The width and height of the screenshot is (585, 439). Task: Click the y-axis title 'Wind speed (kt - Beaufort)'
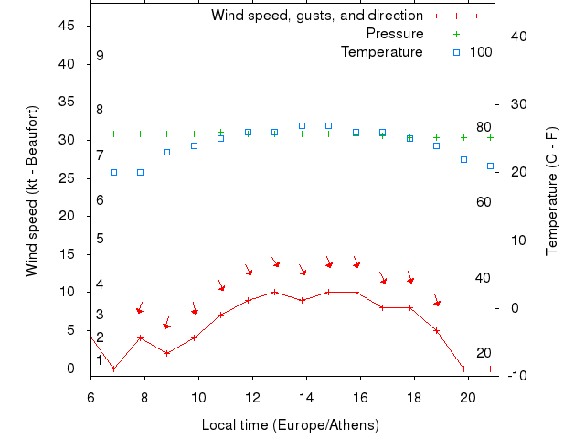(x=32, y=191)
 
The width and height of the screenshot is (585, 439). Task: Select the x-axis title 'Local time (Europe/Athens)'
(x=290, y=425)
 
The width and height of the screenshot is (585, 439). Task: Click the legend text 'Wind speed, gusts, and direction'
(x=316, y=16)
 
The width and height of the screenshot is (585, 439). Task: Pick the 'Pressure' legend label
(x=394, y=34)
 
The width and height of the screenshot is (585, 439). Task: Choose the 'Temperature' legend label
(x=381, y=52)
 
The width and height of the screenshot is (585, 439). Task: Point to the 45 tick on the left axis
(x=66, y=26)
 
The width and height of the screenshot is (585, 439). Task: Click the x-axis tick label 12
(x=252, y=396)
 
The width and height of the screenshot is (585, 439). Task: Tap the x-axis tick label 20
(x=468, y=396)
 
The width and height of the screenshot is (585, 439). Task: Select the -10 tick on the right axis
(x=511, y=376)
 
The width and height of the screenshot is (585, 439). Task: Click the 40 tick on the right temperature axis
(x=515, y=37)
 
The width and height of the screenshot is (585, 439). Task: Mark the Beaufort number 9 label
(x=100, y=56)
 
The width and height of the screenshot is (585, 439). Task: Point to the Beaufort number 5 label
(x=100, y=239)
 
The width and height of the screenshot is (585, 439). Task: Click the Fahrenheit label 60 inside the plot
(x=484, y=201)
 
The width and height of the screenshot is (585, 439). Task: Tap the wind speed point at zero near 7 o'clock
(x=113, y=369)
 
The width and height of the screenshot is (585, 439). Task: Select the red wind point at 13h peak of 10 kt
(x=274, y=293)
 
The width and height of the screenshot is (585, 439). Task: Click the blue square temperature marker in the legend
(x=456, y=52)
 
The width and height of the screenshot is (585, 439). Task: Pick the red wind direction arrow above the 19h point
(x=437, y=301)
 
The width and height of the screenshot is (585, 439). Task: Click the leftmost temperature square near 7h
(x=113, y=172)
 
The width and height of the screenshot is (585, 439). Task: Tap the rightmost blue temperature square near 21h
(x=491, y=166)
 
